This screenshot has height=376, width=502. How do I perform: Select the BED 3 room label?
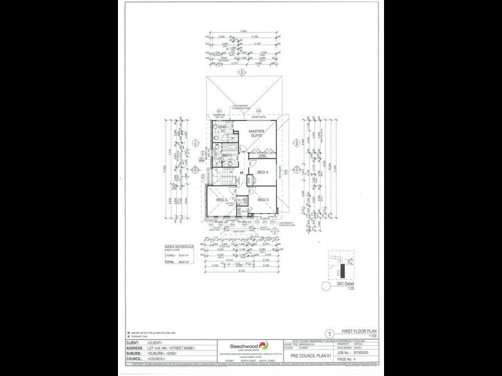(264, 200)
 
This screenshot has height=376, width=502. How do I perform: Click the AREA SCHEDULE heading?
(179, 248)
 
